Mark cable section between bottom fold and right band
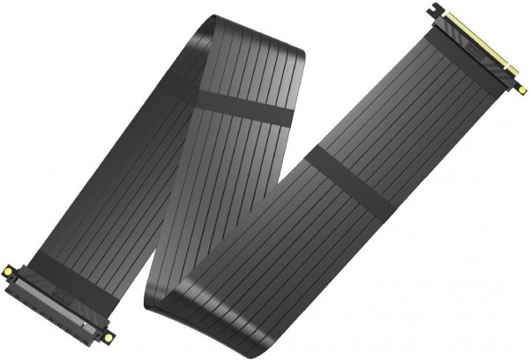tap(264, 256)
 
